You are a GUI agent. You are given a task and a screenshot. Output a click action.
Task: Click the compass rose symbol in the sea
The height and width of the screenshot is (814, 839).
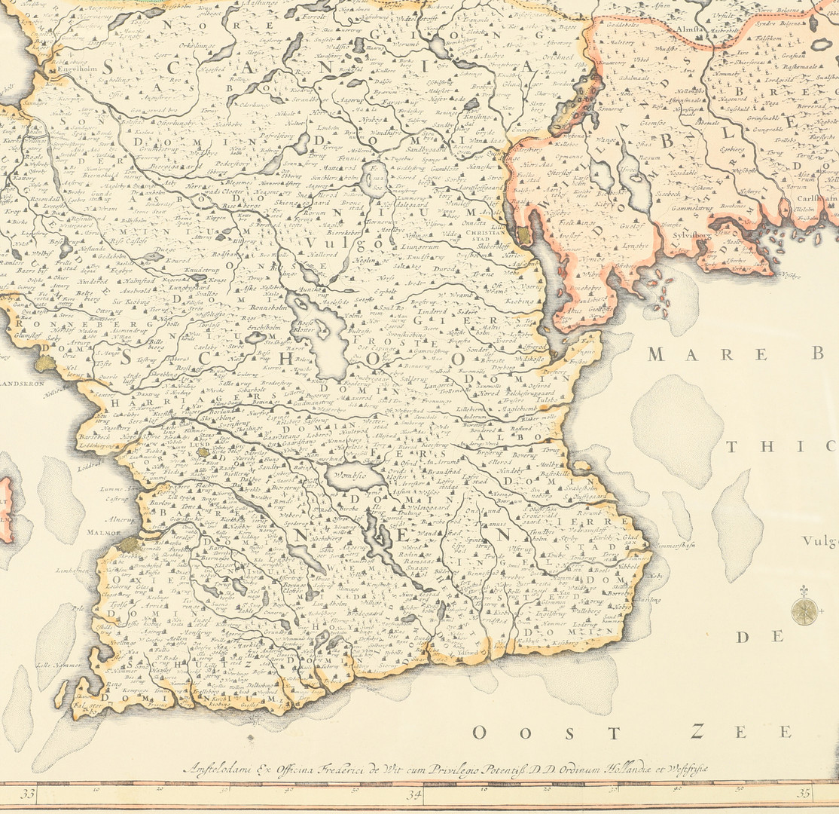click(804, 610)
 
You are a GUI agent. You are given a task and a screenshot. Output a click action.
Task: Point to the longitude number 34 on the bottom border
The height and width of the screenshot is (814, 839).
click(413, 794)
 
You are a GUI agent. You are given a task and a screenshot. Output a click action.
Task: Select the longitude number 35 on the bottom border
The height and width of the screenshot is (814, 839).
click(804, 793)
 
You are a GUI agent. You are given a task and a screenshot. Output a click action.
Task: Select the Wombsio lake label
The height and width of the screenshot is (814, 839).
click(348, 476)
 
